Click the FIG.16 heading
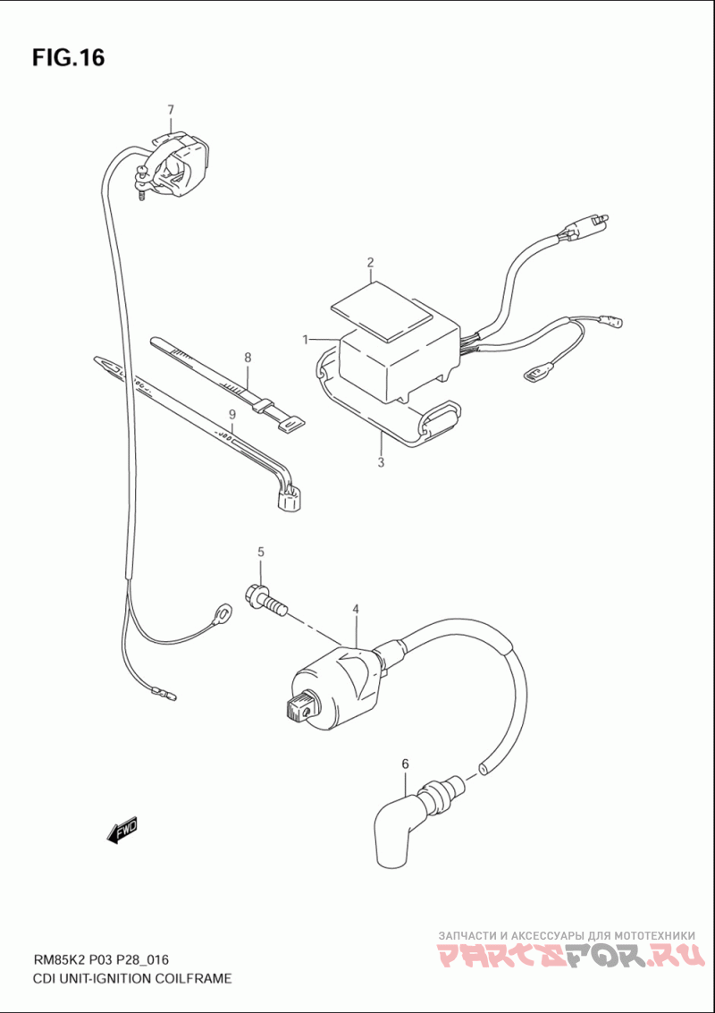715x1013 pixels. [69, 58]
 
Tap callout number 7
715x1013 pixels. [171, 110]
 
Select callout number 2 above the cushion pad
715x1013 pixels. [369, 263]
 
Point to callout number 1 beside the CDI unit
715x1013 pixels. [306, 340]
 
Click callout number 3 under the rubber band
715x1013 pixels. [381, 463]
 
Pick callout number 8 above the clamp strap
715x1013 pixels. [248, 358]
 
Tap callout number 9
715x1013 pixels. [231, 414]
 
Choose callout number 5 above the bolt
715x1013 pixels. [262, 551]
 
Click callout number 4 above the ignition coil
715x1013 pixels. [356, 610]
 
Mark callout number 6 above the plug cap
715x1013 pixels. [404, 764]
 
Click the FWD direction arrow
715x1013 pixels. [122, 831]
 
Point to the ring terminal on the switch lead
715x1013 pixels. [221, 613]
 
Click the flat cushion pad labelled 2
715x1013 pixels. [382, 308]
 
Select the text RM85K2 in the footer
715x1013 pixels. [62, 962]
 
